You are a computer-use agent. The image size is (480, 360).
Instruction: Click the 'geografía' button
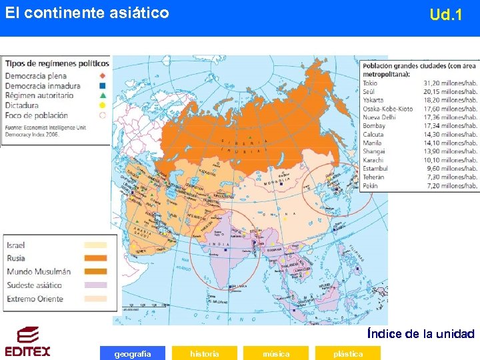tap(133, 353)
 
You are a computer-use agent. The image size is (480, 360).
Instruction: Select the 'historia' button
tap(204, 353)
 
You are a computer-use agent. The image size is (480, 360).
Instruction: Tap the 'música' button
tap(276, 353)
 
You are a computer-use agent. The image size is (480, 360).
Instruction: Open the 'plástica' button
tap(348, 353)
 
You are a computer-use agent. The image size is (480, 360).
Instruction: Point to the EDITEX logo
tap(27, 341)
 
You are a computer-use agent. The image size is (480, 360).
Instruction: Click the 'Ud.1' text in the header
tap(446, 15)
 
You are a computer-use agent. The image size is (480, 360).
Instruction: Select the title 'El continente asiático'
tap(87, 13)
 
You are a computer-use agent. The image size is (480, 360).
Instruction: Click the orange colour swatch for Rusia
tap(95, 258)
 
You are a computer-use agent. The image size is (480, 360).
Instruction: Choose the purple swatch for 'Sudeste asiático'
tap(95, 285)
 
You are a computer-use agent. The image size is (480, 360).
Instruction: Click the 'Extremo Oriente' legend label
tap(35, 299)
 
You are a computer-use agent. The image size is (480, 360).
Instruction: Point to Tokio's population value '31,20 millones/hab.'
tap(450, 83)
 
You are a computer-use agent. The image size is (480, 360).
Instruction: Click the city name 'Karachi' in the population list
tap(374, 160)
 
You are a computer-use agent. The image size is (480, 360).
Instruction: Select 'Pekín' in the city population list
tap(371, 185)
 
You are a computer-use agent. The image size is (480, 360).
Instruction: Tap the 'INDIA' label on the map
tap(219, 243)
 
